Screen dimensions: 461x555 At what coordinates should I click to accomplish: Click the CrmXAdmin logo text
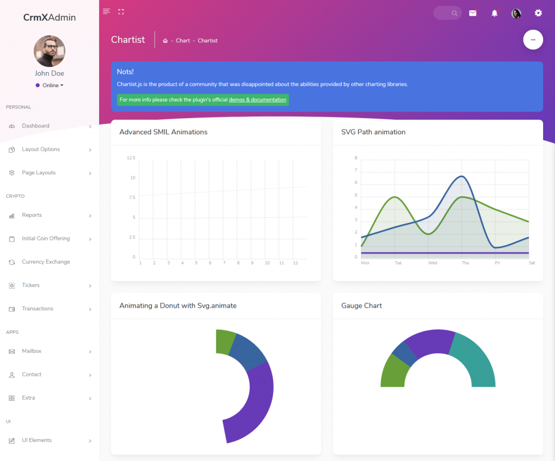[x=49, y=17]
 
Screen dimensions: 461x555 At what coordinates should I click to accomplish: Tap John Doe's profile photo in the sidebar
[x=49, y=51]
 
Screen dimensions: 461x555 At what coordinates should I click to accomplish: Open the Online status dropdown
[x=50, y=85]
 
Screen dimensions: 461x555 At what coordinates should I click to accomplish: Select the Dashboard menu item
[x=36, y=126]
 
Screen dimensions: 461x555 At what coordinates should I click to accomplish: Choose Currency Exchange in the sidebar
[x=46, y=262]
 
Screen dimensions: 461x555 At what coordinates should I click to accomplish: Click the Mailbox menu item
[x=31, y=352]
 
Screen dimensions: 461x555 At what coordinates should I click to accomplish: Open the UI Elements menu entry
[x=37, y=440]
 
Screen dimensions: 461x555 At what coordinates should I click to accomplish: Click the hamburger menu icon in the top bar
[x=106, y=11]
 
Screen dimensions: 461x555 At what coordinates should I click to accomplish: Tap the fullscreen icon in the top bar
[x=121, y=11]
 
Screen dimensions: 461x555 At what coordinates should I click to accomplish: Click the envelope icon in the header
[x=473, y=13]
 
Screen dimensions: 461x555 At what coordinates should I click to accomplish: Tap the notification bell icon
[x=494, y=13]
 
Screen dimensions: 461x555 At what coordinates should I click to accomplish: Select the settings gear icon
[x=538, y=13]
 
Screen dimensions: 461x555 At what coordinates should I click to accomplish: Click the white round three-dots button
[x=533, y=40]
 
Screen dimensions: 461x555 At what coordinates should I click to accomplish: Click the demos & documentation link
[x=257, y=100]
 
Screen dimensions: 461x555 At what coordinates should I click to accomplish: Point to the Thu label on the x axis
[x=465, y=263]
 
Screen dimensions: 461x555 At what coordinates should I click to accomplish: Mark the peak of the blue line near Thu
[x=462, y=176]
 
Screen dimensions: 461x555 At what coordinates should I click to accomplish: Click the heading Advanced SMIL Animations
[x=163, y=132]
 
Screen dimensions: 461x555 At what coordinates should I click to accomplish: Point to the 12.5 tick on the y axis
[x=131, y=158]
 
